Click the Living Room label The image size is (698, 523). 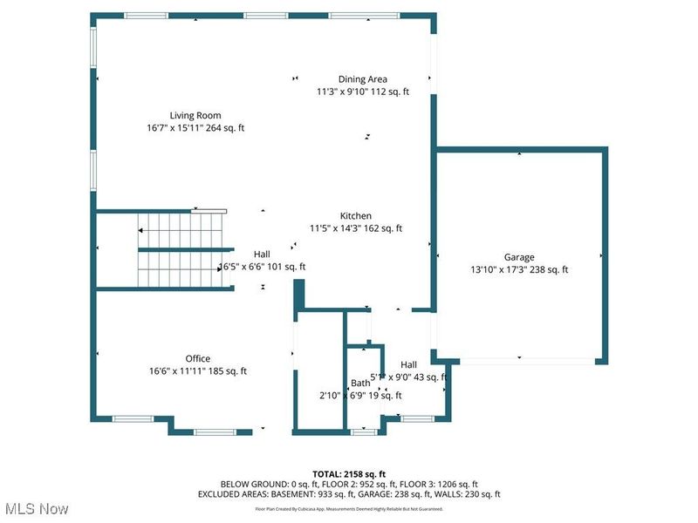[195, 115]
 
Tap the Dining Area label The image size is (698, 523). [363, 79]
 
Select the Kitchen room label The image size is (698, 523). [356, 216]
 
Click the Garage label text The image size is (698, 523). [518, 257]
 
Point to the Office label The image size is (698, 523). [198, 358]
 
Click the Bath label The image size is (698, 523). [360, 383]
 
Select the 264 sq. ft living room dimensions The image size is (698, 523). [195, 128]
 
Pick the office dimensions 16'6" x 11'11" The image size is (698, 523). [198, 371]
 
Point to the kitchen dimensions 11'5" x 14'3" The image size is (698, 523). [356, 228]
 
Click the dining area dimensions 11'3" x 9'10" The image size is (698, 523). [363, 92]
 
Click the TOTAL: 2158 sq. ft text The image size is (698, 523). [349, 473]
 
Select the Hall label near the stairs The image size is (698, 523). [262, 254]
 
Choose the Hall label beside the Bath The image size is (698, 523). [408, 364]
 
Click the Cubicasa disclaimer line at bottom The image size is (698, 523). [349, 507]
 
